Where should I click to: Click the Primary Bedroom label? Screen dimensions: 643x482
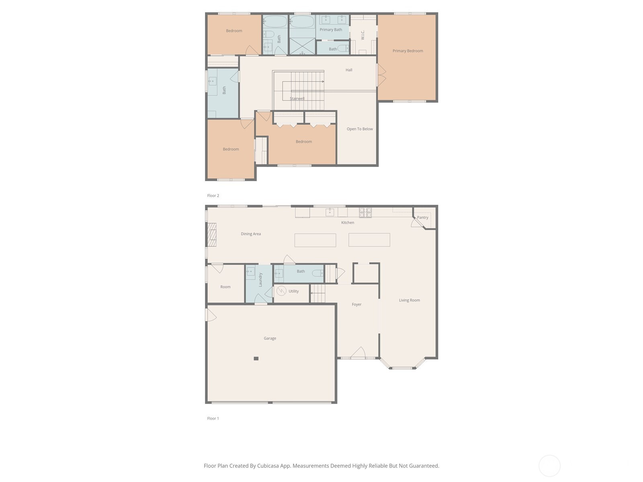point(408,51)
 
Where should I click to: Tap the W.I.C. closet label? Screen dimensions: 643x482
point(362,35)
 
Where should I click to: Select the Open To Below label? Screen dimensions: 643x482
point(360,129)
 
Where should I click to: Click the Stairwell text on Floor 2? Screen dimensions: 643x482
point(297,99)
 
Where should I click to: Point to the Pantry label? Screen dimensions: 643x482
point(422,217)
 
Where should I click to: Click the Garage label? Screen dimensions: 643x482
point(270,338)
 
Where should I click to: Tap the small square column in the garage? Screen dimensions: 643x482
point(256,359)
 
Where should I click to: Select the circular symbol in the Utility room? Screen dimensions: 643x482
point(281,291)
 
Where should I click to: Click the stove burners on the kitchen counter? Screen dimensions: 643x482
point(365,212)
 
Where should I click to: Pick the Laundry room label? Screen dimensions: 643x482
point(260,280)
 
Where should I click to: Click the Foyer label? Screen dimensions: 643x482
point(356,304)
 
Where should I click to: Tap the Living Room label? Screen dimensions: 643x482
point(409,300)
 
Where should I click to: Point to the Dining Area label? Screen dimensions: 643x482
point(251,234)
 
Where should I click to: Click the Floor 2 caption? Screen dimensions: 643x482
point(213,196)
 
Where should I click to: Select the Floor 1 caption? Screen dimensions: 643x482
point(213,419)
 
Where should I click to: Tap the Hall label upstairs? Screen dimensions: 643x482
point(348,70)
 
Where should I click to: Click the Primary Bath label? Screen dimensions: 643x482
point(331,30)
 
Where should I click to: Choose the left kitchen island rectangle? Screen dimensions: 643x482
point(315,240)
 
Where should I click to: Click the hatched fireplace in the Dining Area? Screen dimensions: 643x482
point(212,235)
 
